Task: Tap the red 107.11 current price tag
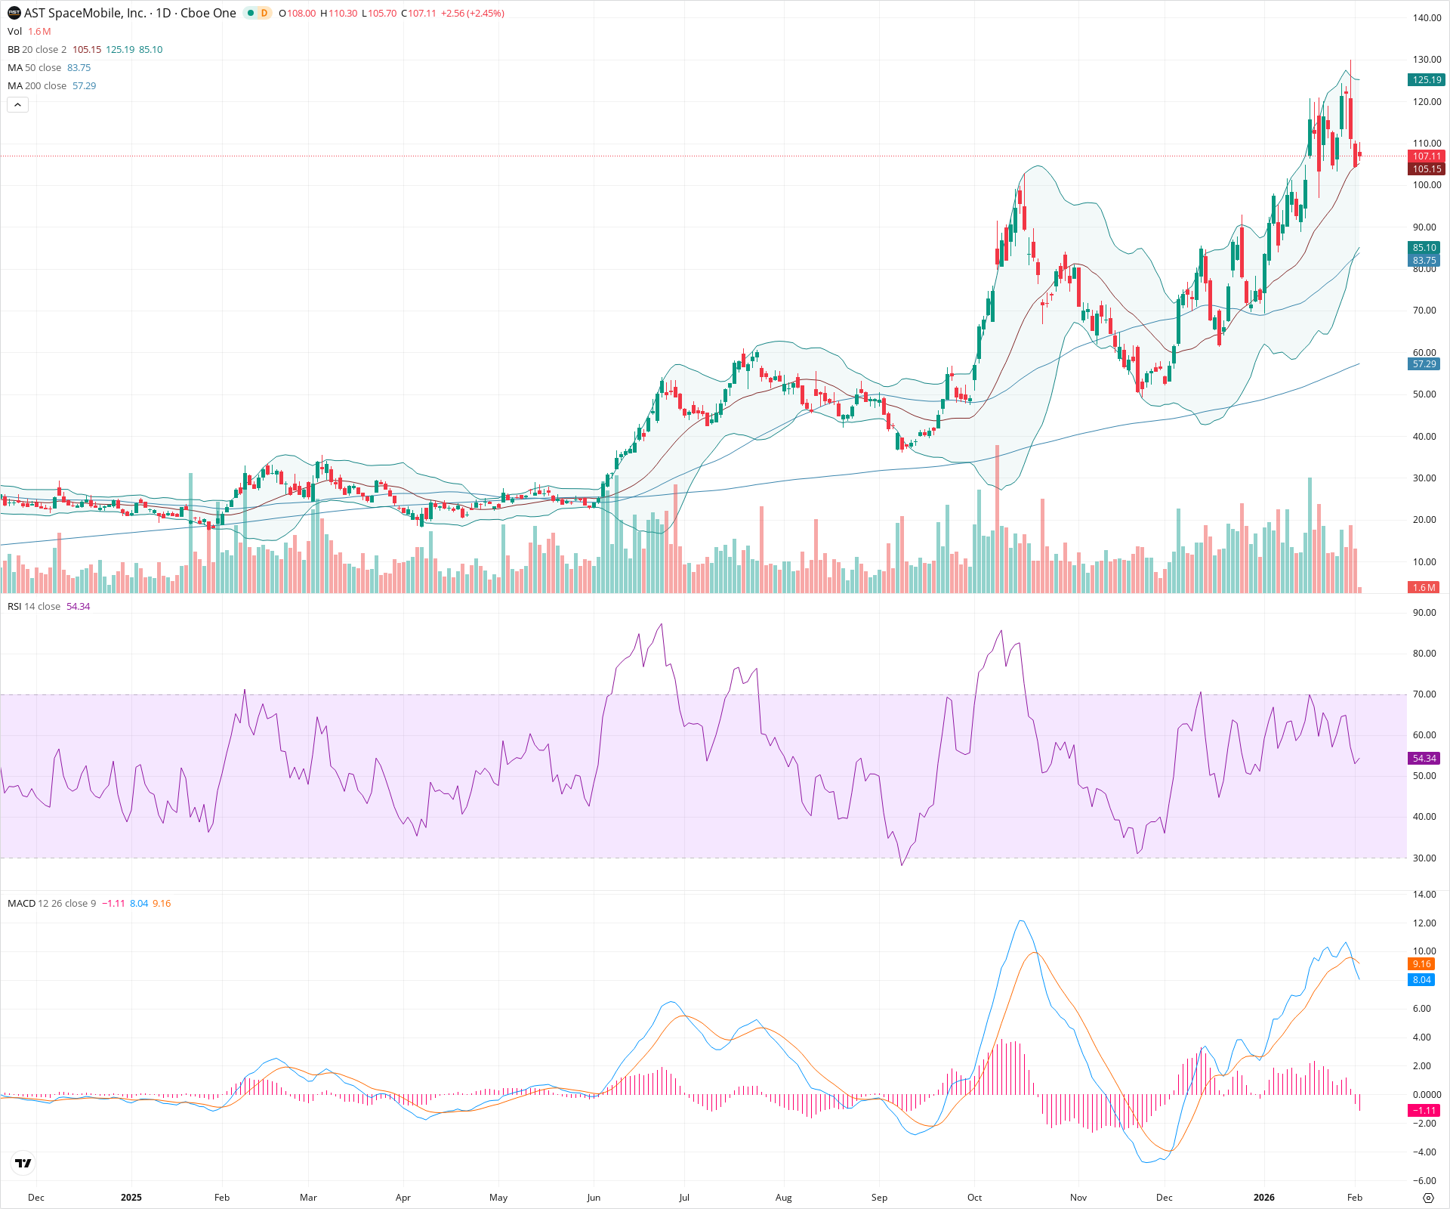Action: point(1427,156)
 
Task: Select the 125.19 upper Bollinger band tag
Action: point(1427,79)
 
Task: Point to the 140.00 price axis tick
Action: point(1427,18)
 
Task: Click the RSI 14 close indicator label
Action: point(34,607)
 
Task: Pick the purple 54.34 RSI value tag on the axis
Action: point(1424,758)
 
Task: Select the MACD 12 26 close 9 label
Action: point(51,904)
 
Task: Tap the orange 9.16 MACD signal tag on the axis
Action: point(1422,964)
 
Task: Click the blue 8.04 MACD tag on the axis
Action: point(1422,980)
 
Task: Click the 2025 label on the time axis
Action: point(131,1198)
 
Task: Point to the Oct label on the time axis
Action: point(975,1198)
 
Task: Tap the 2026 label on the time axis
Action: point(1263,1198)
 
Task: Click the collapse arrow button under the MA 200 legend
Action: point(17,105)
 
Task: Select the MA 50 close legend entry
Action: point(34,68)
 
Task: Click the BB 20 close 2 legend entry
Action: point(37,50)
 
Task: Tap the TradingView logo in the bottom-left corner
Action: point(23,1164)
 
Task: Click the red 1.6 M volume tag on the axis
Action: point(1424,587)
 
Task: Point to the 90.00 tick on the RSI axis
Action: point(1424,613)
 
